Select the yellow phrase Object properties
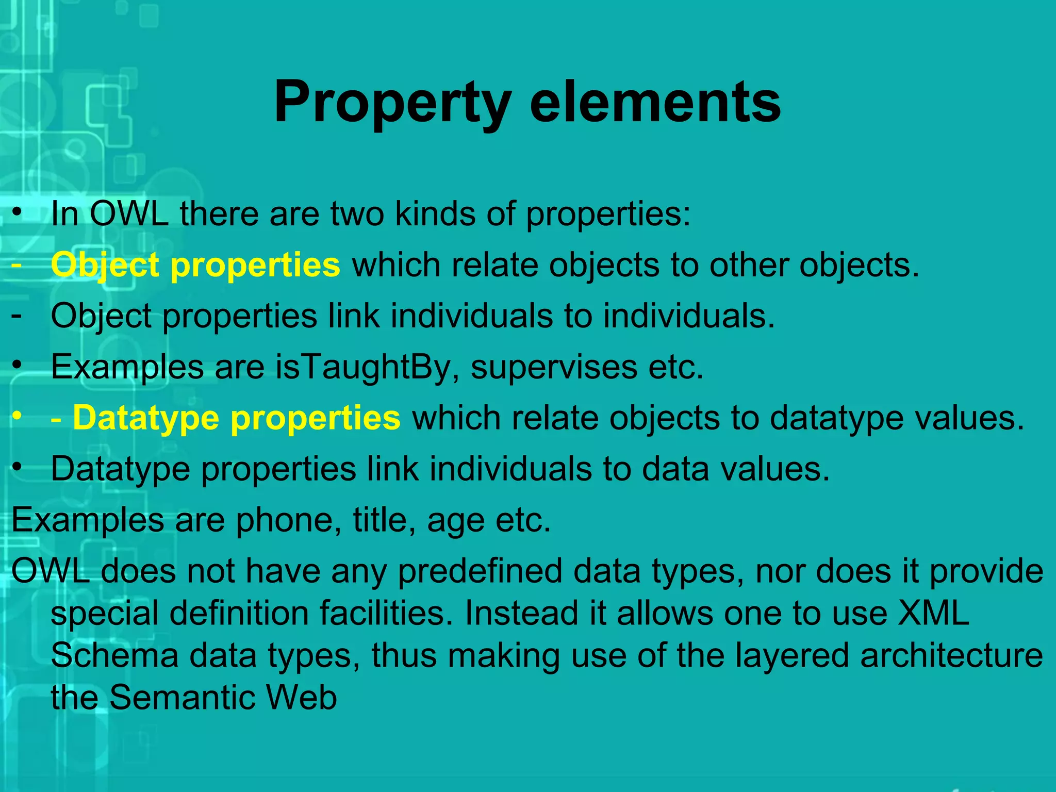click(195, 265)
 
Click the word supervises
click(554, 368)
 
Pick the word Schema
click(114, 656)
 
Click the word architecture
click(951, 656)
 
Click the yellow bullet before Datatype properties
click(18, 416)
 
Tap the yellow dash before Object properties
click(16, 264)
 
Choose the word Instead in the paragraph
click(521, 614)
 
